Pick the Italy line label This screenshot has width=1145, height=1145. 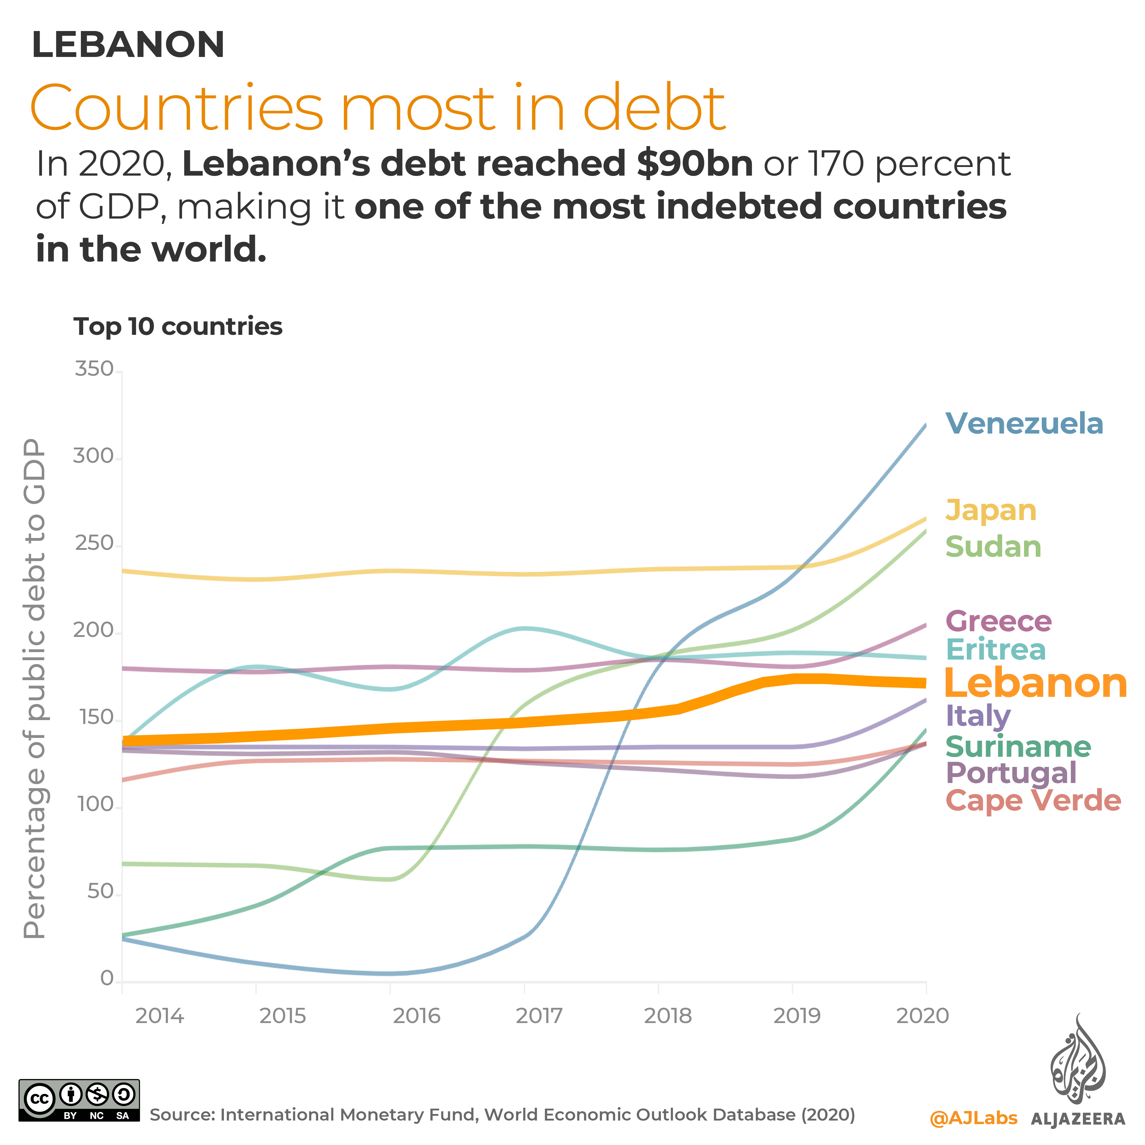[978, 716]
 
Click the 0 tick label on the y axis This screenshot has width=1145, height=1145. [107, 978]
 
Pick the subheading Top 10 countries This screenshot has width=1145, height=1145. [178, 327]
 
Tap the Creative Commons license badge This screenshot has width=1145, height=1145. [79, 1100]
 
